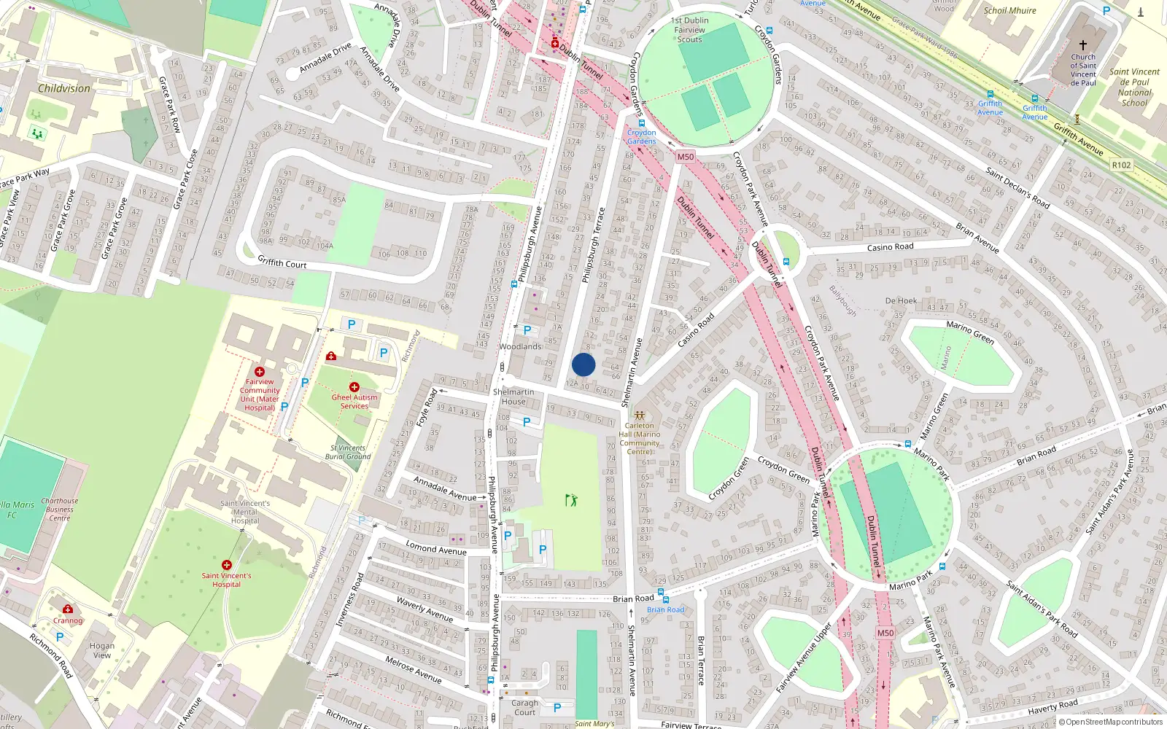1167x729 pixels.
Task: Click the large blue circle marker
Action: (x=583, y=365)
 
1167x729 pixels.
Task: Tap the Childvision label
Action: (x=64, y=88)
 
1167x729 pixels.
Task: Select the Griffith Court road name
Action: (x=282, y=262)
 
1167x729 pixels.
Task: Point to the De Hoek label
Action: (x=901, y=300)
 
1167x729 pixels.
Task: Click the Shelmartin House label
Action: (x=513, y=397)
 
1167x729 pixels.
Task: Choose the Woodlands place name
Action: (x=520, y=346)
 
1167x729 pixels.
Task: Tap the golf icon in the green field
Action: (x=571, y=500)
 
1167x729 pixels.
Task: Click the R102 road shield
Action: (x=1121, y=165)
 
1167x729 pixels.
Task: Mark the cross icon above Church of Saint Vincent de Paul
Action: (x=1083, y=45)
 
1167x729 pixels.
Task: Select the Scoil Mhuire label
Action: (x=1009, y=11)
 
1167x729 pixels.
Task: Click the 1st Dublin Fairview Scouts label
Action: (x=690, y=30)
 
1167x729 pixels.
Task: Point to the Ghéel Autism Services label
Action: (x=354, y=402)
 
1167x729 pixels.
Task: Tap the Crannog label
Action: (x=68, y=620)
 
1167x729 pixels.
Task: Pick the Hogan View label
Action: (x=102, y=650)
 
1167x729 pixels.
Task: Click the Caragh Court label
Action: (x=524, y=708)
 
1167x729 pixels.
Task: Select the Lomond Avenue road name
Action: (x=435, y=549)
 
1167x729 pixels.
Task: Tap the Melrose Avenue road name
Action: (x=413, y=668)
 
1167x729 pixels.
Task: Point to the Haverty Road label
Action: (x=1052, y=707)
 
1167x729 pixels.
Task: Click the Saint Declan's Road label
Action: (x=1017, y=187)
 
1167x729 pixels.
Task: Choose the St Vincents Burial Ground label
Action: (x=348, y=452)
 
